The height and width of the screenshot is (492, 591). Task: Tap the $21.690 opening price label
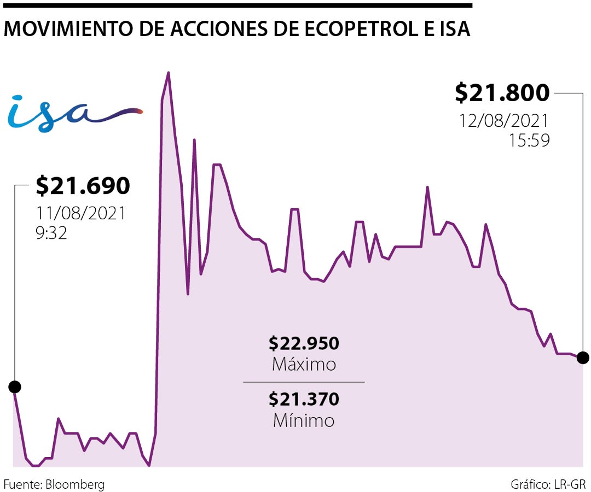pyautogui.click(x=83, y=186)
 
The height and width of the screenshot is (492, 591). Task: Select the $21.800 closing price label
pyautogui.click(x=502, y=93)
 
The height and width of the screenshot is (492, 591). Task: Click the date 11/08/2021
pyautogui.click(x=81, y=213)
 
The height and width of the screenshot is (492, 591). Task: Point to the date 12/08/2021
pyautogui.click(x=504, y=121)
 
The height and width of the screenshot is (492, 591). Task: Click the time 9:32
pyautogui.click(x=51, y=233)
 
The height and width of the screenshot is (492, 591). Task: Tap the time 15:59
pyautogui.click(x=529, y=140)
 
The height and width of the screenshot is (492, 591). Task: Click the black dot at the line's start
pyautogui.click(x=15, y=387)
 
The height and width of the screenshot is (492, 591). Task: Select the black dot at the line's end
pyautogui.click(x=583, y=358)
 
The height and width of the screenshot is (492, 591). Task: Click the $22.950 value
pyautogui.click(x=304, y=343)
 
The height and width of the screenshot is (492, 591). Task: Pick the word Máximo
pyautogui.click(x=304, y=364)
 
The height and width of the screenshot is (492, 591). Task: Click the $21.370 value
pyautogui.click(x=304, y=400)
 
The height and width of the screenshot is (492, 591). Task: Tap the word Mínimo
pyautogui.click(x=304, y=420)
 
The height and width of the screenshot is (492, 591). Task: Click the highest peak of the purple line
pyautogui.click(x=168, y=73)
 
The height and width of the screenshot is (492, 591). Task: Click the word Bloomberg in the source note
pyautogui.click(x=75, y=484)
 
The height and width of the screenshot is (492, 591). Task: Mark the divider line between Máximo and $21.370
pyautogui.click(x=304, y=382)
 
